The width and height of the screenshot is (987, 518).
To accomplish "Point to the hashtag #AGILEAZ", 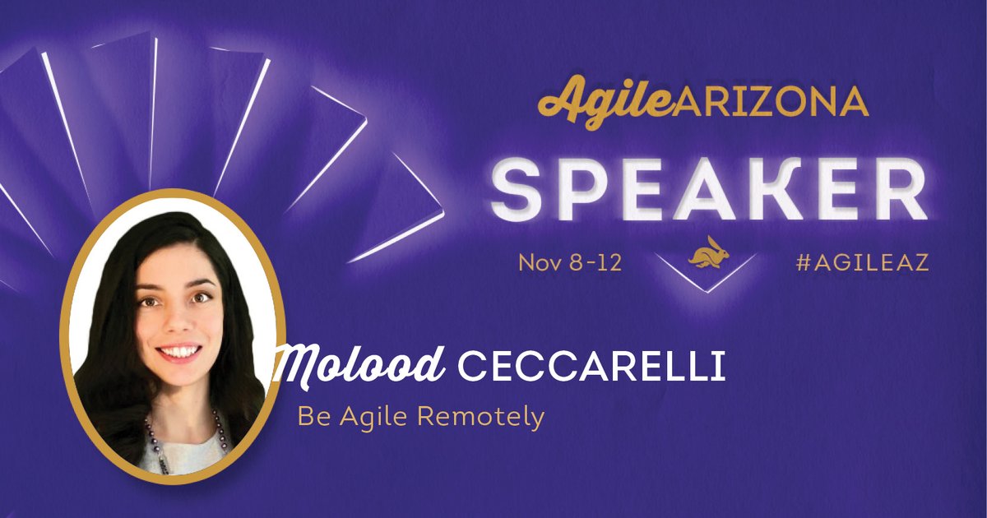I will [863, 263].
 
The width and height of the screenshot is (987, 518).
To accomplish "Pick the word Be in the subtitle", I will [308, 417].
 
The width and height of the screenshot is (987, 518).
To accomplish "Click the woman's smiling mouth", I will [178, 352].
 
